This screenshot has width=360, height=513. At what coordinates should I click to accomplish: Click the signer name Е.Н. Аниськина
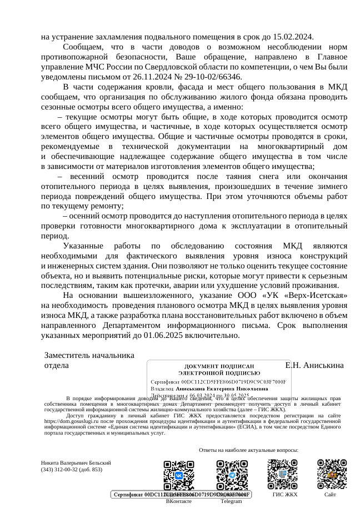point(314,365)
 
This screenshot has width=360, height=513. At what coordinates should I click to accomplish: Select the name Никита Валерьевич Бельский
point(77,462)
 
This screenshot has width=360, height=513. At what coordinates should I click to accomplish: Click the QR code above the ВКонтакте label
point(178,474)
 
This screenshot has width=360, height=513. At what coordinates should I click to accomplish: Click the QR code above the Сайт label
point(331,474)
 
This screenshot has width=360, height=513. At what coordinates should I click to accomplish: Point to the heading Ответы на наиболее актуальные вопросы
point(248,450)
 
